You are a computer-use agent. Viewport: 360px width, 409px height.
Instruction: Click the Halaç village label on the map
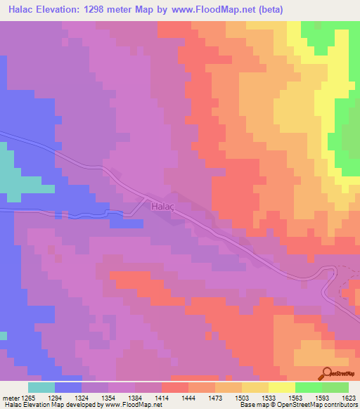161,207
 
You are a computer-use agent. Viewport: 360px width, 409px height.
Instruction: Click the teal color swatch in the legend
41,387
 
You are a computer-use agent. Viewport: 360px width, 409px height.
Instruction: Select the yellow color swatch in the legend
281,387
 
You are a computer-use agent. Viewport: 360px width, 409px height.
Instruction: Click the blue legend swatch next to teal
67,387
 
